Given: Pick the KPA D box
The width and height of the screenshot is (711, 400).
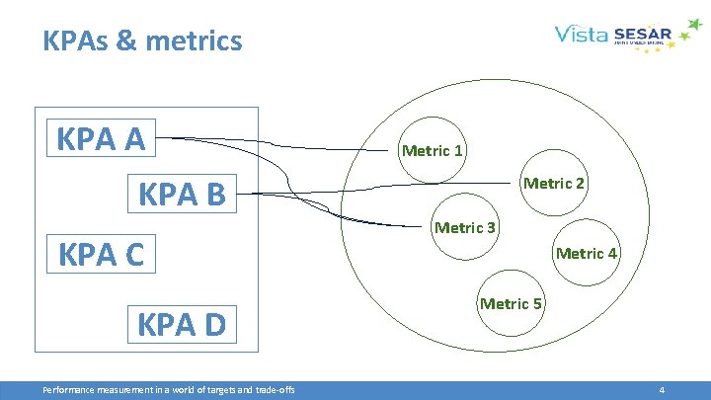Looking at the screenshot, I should (182, 323).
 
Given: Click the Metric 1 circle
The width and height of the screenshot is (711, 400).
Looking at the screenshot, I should (432, 152).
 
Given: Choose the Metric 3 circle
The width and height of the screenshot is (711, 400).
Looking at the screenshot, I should (465, 228).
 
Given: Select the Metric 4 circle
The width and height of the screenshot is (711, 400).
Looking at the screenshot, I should (587, 254).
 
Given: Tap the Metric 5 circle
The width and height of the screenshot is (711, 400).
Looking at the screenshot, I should (511, 304).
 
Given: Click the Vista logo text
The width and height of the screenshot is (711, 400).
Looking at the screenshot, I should (581, 37).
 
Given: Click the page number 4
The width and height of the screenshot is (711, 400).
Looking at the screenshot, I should (662, 390).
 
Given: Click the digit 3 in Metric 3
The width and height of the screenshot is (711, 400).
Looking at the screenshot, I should (491, 228).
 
